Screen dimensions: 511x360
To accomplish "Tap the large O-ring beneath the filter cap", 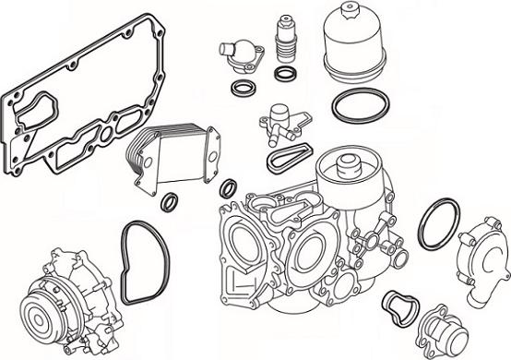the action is pyautogui.click(x=359, y=107).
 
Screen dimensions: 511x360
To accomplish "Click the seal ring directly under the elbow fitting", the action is pyautogui.click(x=244, y=90).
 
